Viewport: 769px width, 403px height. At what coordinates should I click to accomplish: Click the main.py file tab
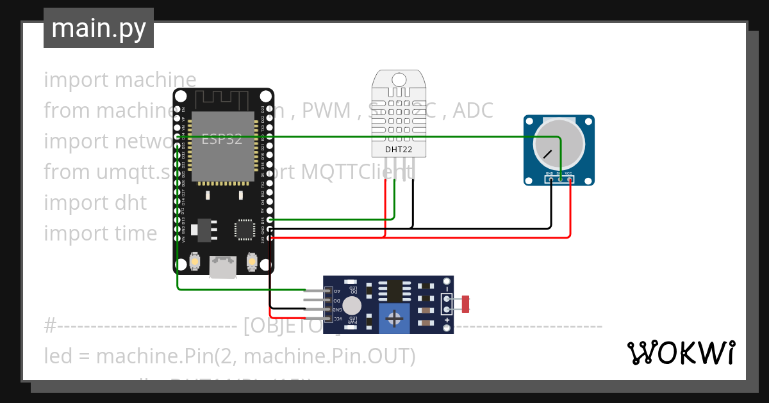(98, 28)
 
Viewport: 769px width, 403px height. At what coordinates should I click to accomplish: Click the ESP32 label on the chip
(222, 139)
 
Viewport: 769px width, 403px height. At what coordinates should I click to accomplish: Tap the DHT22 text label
(399, 150)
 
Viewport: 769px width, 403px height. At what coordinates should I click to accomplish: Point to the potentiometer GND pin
(550, 179)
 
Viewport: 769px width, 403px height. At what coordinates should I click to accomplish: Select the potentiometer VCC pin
(569, 179)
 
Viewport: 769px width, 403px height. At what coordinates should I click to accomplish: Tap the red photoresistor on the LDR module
(466, 303)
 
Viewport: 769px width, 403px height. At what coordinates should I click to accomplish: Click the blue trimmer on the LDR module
(395, 318)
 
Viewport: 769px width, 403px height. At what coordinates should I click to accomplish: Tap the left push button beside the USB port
(195, 262)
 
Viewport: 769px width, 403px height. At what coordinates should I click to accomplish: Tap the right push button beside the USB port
(252, 262)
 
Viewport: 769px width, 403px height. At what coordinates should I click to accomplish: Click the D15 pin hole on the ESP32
(270, 219)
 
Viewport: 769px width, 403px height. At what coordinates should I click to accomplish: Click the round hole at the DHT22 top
(399, 79)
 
